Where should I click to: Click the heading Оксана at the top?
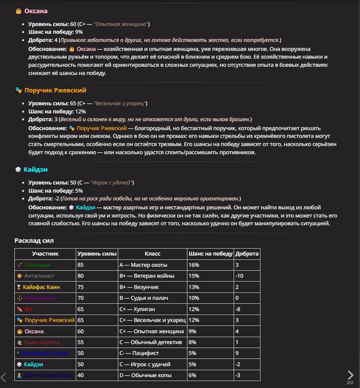click(36, 11)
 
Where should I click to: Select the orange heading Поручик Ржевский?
click(55, 90)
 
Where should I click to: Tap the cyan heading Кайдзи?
click(35, 170)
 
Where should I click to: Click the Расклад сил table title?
click(34, 241)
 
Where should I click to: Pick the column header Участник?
click(45, 254)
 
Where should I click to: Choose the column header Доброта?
click(247, 254)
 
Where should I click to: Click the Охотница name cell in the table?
click(37, 265)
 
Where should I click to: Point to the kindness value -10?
click(239, 276)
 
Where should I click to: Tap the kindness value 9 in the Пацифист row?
click(237, 353)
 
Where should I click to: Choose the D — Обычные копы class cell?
click(145, 376)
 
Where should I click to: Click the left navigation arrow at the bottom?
click(3, 377)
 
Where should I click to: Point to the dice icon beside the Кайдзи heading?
click(18, 170)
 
